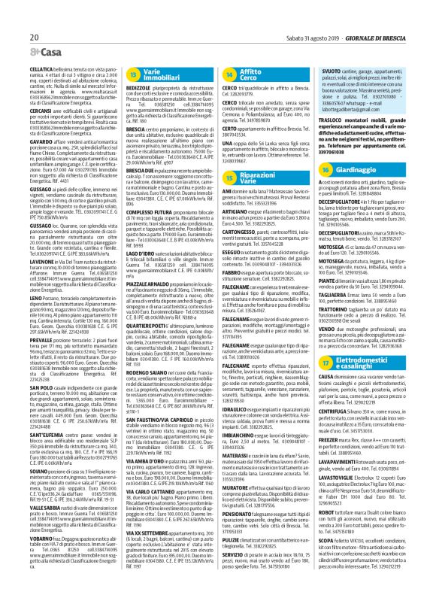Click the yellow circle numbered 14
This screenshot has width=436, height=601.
pyautogui.click(x=229, y=77)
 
